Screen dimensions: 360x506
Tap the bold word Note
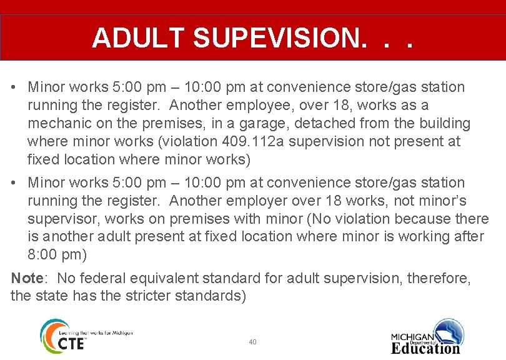27,277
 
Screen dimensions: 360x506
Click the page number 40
252,342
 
